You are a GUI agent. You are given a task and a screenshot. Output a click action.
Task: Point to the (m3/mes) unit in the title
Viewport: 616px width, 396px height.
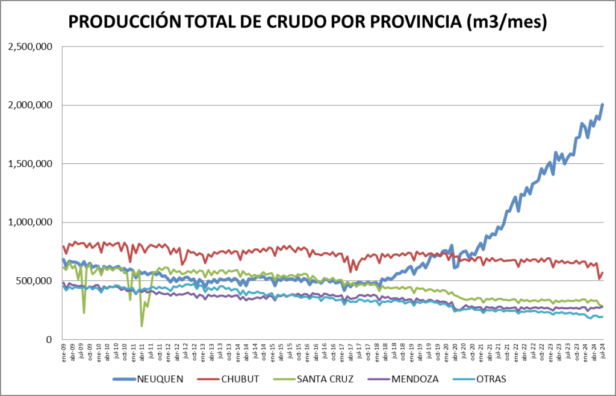point(507,22)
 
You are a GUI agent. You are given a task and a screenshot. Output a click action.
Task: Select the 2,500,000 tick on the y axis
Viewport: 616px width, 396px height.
point(30,46)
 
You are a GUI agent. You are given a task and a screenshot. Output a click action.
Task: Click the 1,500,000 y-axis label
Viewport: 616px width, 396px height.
point(30,164)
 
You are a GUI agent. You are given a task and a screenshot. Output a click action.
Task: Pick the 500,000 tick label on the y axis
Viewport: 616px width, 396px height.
point(34,281)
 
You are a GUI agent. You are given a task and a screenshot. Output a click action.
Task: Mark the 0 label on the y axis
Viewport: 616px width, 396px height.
point(49,339)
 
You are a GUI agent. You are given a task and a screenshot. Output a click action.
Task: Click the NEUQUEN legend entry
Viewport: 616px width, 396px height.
point(160,379)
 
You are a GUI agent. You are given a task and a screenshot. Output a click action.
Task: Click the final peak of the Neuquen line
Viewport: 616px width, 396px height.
point(602,105)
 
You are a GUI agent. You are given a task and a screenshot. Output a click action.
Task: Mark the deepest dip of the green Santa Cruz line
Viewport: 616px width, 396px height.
point(142,325)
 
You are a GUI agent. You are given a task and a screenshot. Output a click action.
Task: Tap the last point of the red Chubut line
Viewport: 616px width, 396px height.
point(602,273)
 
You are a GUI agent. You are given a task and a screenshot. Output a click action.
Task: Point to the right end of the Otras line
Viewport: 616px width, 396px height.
point(602,317)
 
